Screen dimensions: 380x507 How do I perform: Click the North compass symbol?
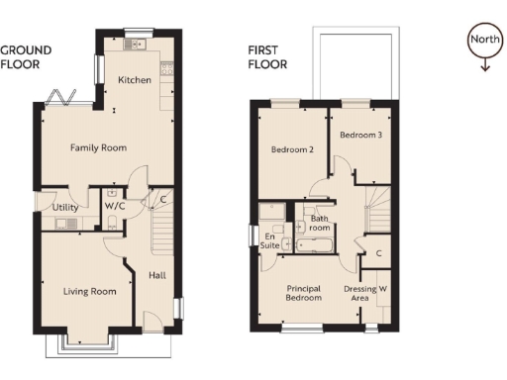pyautogui.click(x=483, y=45)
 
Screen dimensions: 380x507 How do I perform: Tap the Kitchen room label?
pyautogui.click(x=134, y=80)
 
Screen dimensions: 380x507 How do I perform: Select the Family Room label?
pyautogui.click(x=98, y=148)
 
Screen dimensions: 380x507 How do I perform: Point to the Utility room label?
pyautogui.click(x=66, y=207)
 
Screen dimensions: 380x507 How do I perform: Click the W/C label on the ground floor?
pyautogui.click(x=115, y=207)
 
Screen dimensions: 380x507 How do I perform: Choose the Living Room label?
pyautogui.click(x=90, y=291)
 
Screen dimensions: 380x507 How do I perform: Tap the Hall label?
pyautogui.click(x=156, y=275)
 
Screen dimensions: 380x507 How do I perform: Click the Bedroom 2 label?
pyautogui.click(x=292, y=150)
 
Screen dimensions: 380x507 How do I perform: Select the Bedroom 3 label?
pyautogui.click(x=360, y=135)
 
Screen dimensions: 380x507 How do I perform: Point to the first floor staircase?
pyautogui.click(x=377, y=211)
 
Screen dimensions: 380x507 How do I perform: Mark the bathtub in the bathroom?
pyautogui.click(x=315, y=241)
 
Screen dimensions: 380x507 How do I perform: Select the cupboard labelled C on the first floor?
pyautogui.click(x=378, y=254)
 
